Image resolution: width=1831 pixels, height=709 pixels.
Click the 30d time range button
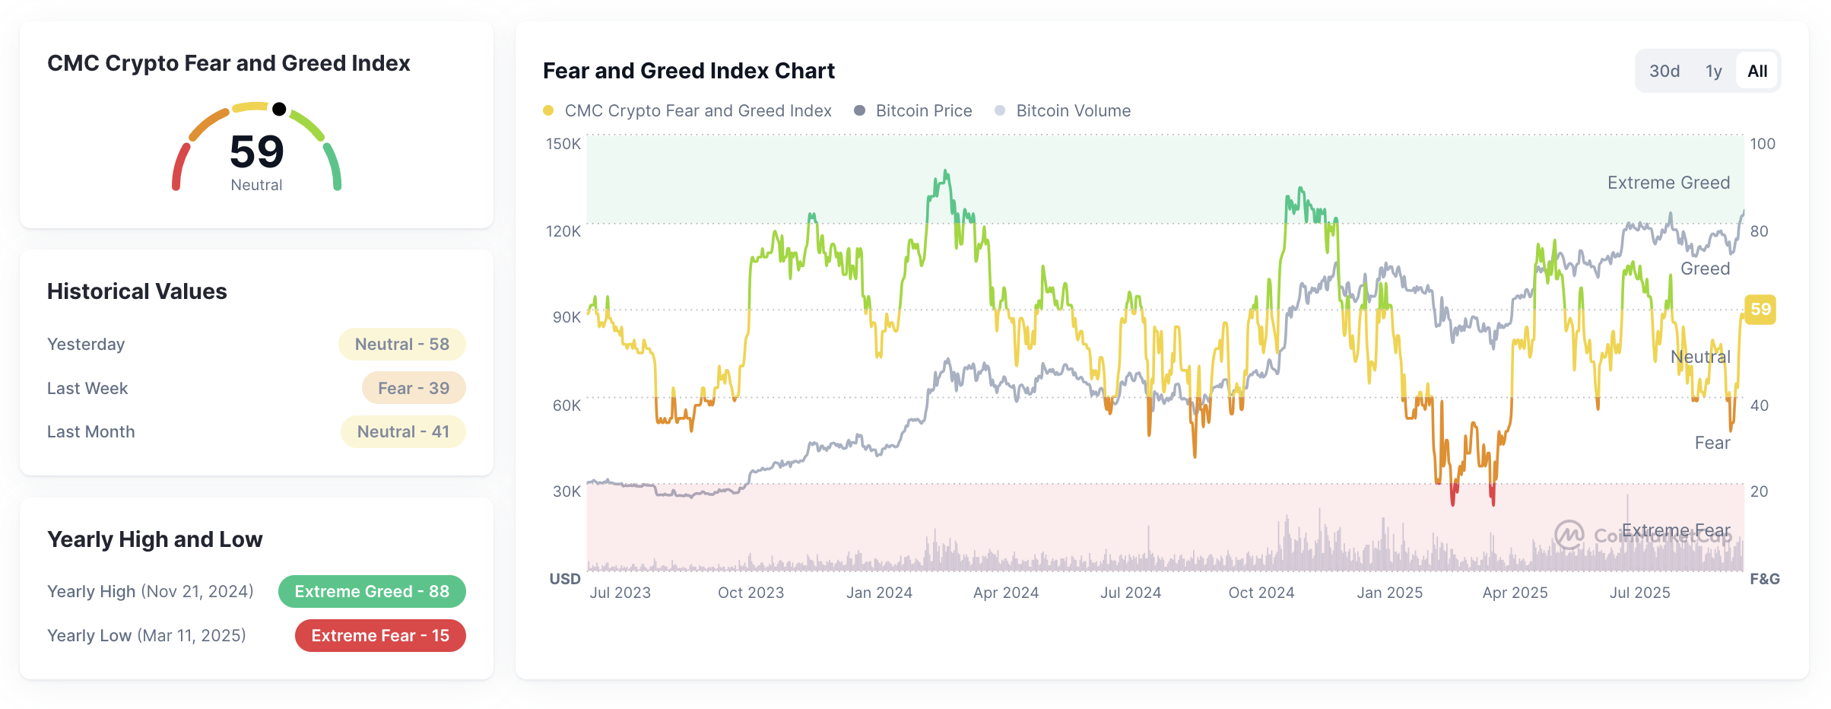[1664, 72]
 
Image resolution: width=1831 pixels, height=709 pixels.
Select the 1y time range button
[1713, 72]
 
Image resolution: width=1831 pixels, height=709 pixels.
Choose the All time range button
[1757, 72]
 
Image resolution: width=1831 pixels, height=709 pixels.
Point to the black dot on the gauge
[279, 109]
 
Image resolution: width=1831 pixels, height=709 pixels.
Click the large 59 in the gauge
[257, 151]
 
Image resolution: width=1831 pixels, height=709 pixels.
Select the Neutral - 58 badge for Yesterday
[402, 345]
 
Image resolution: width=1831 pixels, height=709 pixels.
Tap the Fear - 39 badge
[414, 388]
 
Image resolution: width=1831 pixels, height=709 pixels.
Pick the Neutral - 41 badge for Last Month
[403, 432]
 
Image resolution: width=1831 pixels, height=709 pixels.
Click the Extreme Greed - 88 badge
[372, 592]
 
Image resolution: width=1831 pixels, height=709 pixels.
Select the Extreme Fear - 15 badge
[380, 636]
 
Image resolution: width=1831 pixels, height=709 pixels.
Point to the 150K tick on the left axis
[563, 144]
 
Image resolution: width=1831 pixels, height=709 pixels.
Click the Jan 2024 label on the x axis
[879, 593]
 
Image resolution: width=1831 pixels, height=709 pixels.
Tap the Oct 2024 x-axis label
[1261, 593]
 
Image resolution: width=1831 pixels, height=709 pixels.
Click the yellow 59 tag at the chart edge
[1760, 310]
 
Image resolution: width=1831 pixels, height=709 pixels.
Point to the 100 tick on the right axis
[1763, 144]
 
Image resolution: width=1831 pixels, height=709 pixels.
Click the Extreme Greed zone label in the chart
[1668, 183]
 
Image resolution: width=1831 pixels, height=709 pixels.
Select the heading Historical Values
[137, 291]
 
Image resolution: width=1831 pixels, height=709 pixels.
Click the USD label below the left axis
[565, 579]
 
